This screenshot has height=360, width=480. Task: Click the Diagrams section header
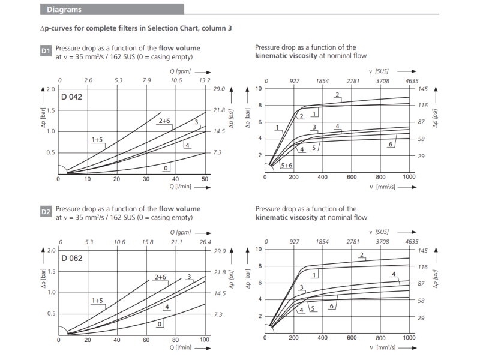64,10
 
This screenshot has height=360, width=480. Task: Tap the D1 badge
46,52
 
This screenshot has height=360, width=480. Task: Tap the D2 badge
46,212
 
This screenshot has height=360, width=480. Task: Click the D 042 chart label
71,97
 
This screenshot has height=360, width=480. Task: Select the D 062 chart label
71,258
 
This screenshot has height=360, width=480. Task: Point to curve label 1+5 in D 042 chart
97,139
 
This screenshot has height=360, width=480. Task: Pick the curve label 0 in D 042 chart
166,167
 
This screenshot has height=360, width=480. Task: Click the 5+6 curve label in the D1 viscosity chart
286,165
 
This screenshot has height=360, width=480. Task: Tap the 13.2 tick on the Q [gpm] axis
205,80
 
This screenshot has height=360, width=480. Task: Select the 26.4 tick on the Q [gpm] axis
205,242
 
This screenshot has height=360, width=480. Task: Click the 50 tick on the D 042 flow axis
205,179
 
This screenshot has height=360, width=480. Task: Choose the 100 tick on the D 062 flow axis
205,340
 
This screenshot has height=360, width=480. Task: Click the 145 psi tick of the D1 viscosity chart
422,89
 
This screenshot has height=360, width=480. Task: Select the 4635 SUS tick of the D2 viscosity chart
411,242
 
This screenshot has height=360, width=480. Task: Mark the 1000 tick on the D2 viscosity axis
409,338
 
